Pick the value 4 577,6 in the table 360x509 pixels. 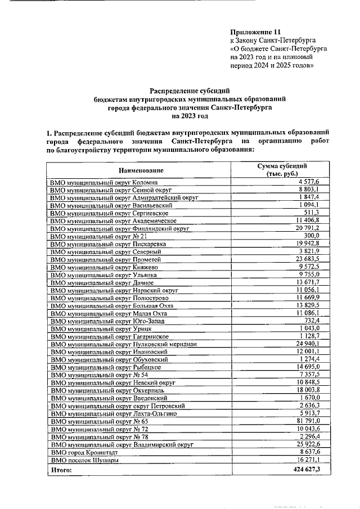(x=308, y=182)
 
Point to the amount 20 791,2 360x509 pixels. (x=306, y=229)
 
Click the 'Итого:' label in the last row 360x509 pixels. (x=62, y=469)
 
